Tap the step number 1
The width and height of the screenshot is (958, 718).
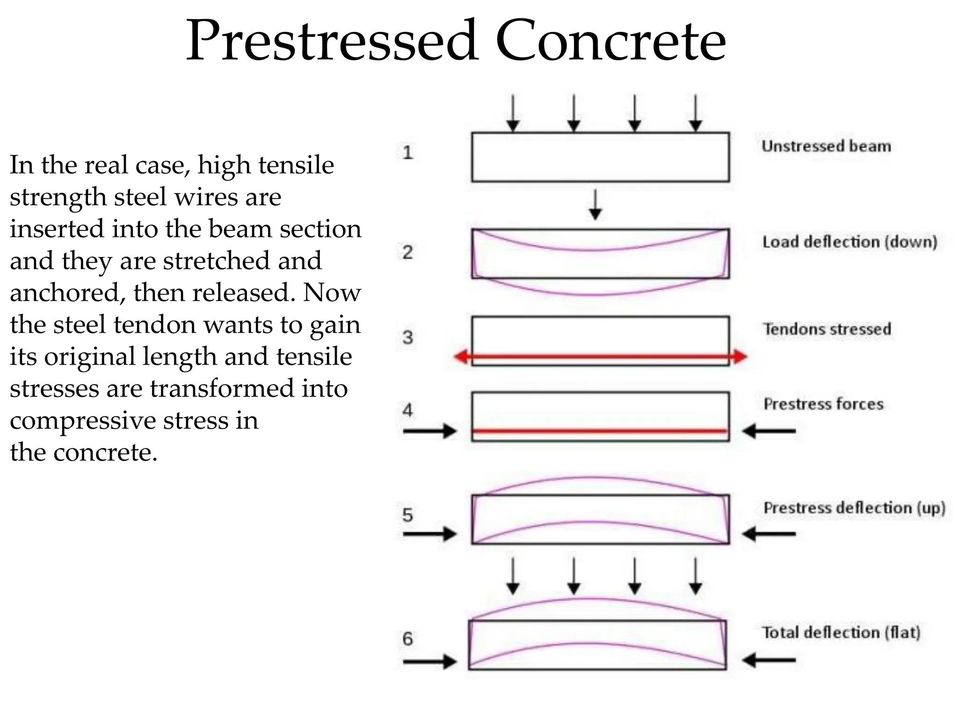click(407, 152)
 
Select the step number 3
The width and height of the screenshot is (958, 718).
click(407, 337)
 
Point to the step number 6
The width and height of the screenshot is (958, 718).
click(407, 639)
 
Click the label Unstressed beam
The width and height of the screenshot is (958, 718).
click(826, 146)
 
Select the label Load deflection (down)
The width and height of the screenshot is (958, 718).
click(849, 242)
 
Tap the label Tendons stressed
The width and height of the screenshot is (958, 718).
click(827, 329)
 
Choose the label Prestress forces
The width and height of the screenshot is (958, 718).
click(823, 404)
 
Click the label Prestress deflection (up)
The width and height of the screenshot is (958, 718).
click(854, 508)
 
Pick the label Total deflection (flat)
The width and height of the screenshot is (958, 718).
click(841, 632)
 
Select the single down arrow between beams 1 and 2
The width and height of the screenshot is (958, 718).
click(595, 205)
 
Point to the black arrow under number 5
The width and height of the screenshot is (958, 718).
click(429, 533)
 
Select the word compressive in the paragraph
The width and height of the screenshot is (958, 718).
click(83, 420)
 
